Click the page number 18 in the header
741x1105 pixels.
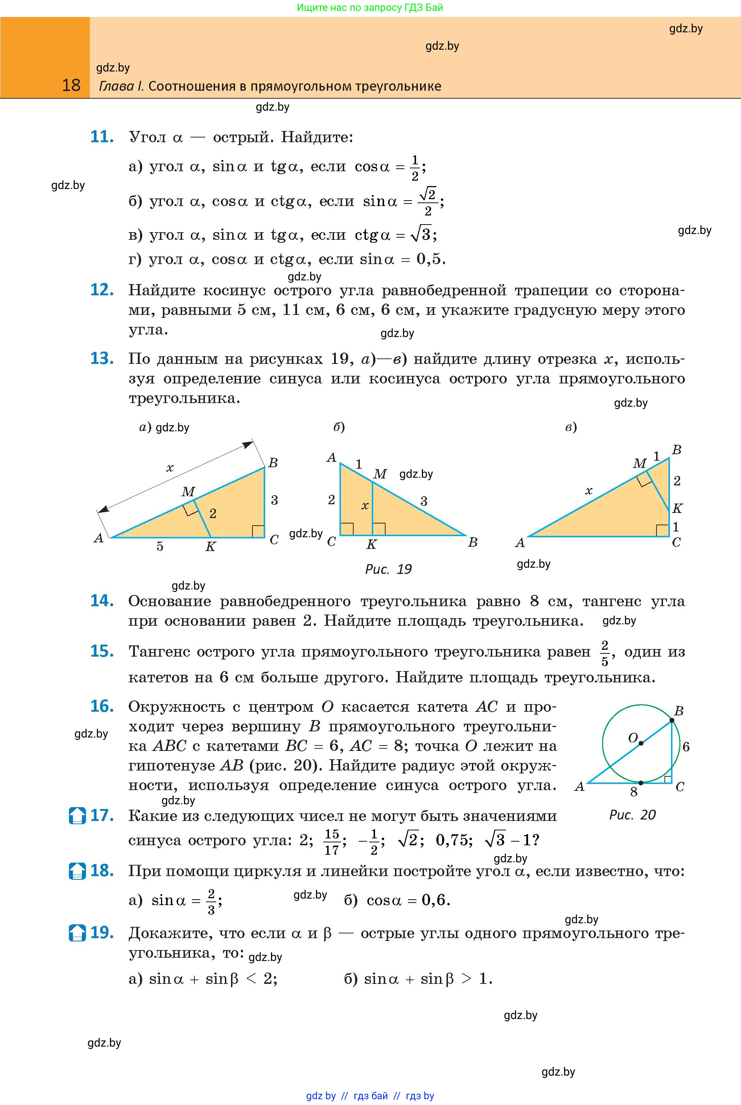point(71,86)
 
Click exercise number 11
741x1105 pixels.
point(102,137)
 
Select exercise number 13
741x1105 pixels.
point(102,358)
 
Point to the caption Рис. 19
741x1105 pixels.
point(388,569)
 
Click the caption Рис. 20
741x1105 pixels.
point(632,814)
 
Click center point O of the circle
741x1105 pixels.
point(641,743)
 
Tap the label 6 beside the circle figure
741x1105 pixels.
point(686,747)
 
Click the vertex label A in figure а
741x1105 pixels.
point(98,538)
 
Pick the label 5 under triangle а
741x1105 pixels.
point(160,546)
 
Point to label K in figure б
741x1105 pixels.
point(371,545)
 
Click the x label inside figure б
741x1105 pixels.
point(365,506)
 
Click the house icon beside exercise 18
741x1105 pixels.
point(77,871)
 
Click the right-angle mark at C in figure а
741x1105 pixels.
point(258,531)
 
